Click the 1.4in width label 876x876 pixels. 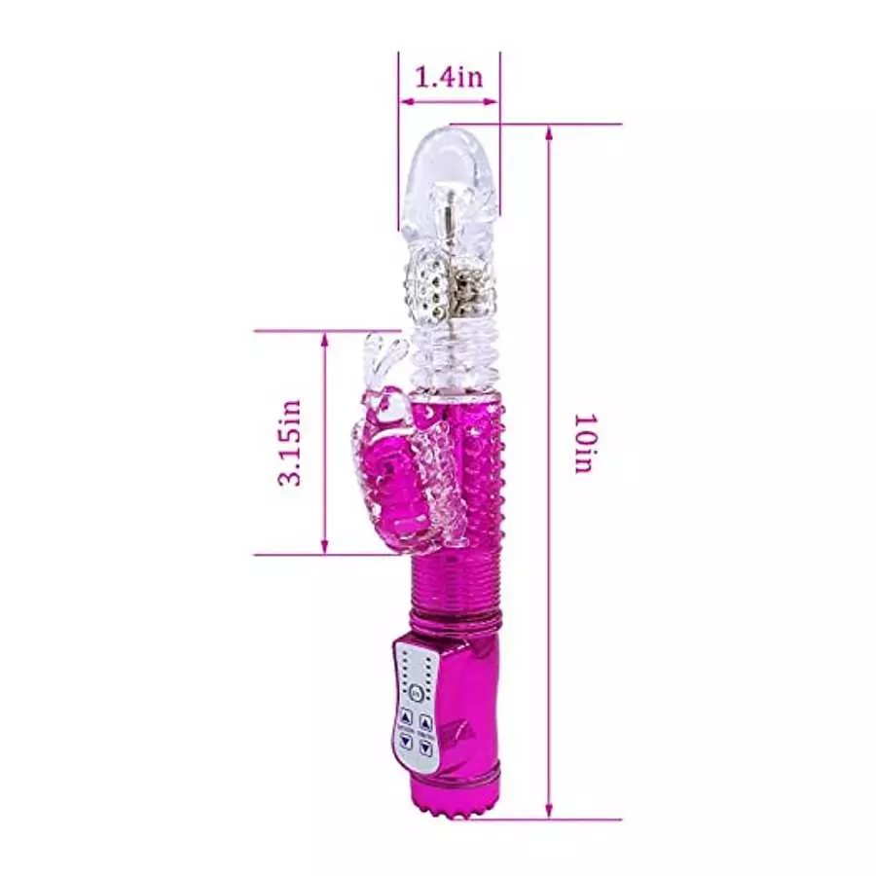(x=449, y=77)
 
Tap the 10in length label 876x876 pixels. (x=582, y=444)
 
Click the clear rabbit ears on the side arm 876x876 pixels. (x=382, y=360)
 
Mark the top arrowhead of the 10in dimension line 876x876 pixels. (x=550, y=130)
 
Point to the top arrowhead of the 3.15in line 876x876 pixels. (x=325, y=337)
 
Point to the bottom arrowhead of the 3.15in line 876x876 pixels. (x=325, y=550)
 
